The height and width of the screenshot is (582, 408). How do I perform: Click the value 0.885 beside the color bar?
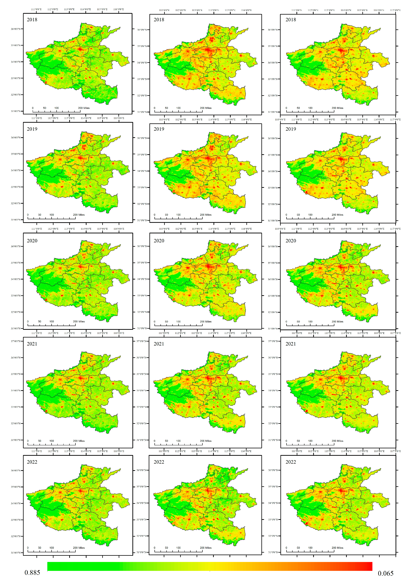point(32,573)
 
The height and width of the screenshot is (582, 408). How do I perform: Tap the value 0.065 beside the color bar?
point(385,573)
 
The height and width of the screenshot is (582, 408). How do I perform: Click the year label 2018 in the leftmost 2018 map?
point(32,20)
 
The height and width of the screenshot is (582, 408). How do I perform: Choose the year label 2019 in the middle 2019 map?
point(159,129)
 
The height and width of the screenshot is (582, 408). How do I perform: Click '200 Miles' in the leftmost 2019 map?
point(79,215)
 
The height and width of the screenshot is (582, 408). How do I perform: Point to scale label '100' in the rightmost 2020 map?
point(310,321)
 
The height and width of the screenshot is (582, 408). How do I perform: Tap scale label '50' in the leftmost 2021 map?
point(40,441)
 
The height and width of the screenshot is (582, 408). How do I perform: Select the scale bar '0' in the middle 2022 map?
point(154,548)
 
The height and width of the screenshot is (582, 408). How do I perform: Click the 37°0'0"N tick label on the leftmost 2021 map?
point(15,341)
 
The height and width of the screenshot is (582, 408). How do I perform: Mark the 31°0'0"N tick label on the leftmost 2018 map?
point(15,111)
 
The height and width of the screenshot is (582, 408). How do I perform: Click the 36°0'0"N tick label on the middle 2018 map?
point(142,30)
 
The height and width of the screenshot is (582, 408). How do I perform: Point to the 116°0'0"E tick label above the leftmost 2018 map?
point(119,9)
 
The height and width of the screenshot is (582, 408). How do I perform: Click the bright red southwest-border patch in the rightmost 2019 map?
point(306,192)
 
